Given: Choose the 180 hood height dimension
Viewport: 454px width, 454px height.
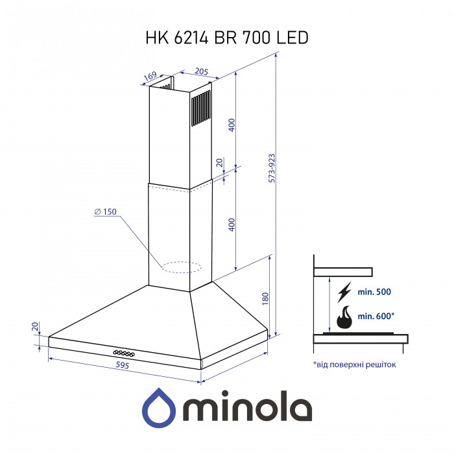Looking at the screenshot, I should pos(265,299).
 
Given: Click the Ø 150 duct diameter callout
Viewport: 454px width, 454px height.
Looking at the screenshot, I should pos(105,213).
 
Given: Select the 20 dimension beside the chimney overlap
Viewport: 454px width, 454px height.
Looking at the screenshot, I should pos(219,163).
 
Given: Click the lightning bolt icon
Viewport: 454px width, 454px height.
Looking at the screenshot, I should pos(344,292).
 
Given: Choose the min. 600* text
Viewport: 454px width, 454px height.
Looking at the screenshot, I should pos(376,316).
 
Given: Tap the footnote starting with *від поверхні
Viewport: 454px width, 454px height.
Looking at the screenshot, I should pos(353,364).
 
